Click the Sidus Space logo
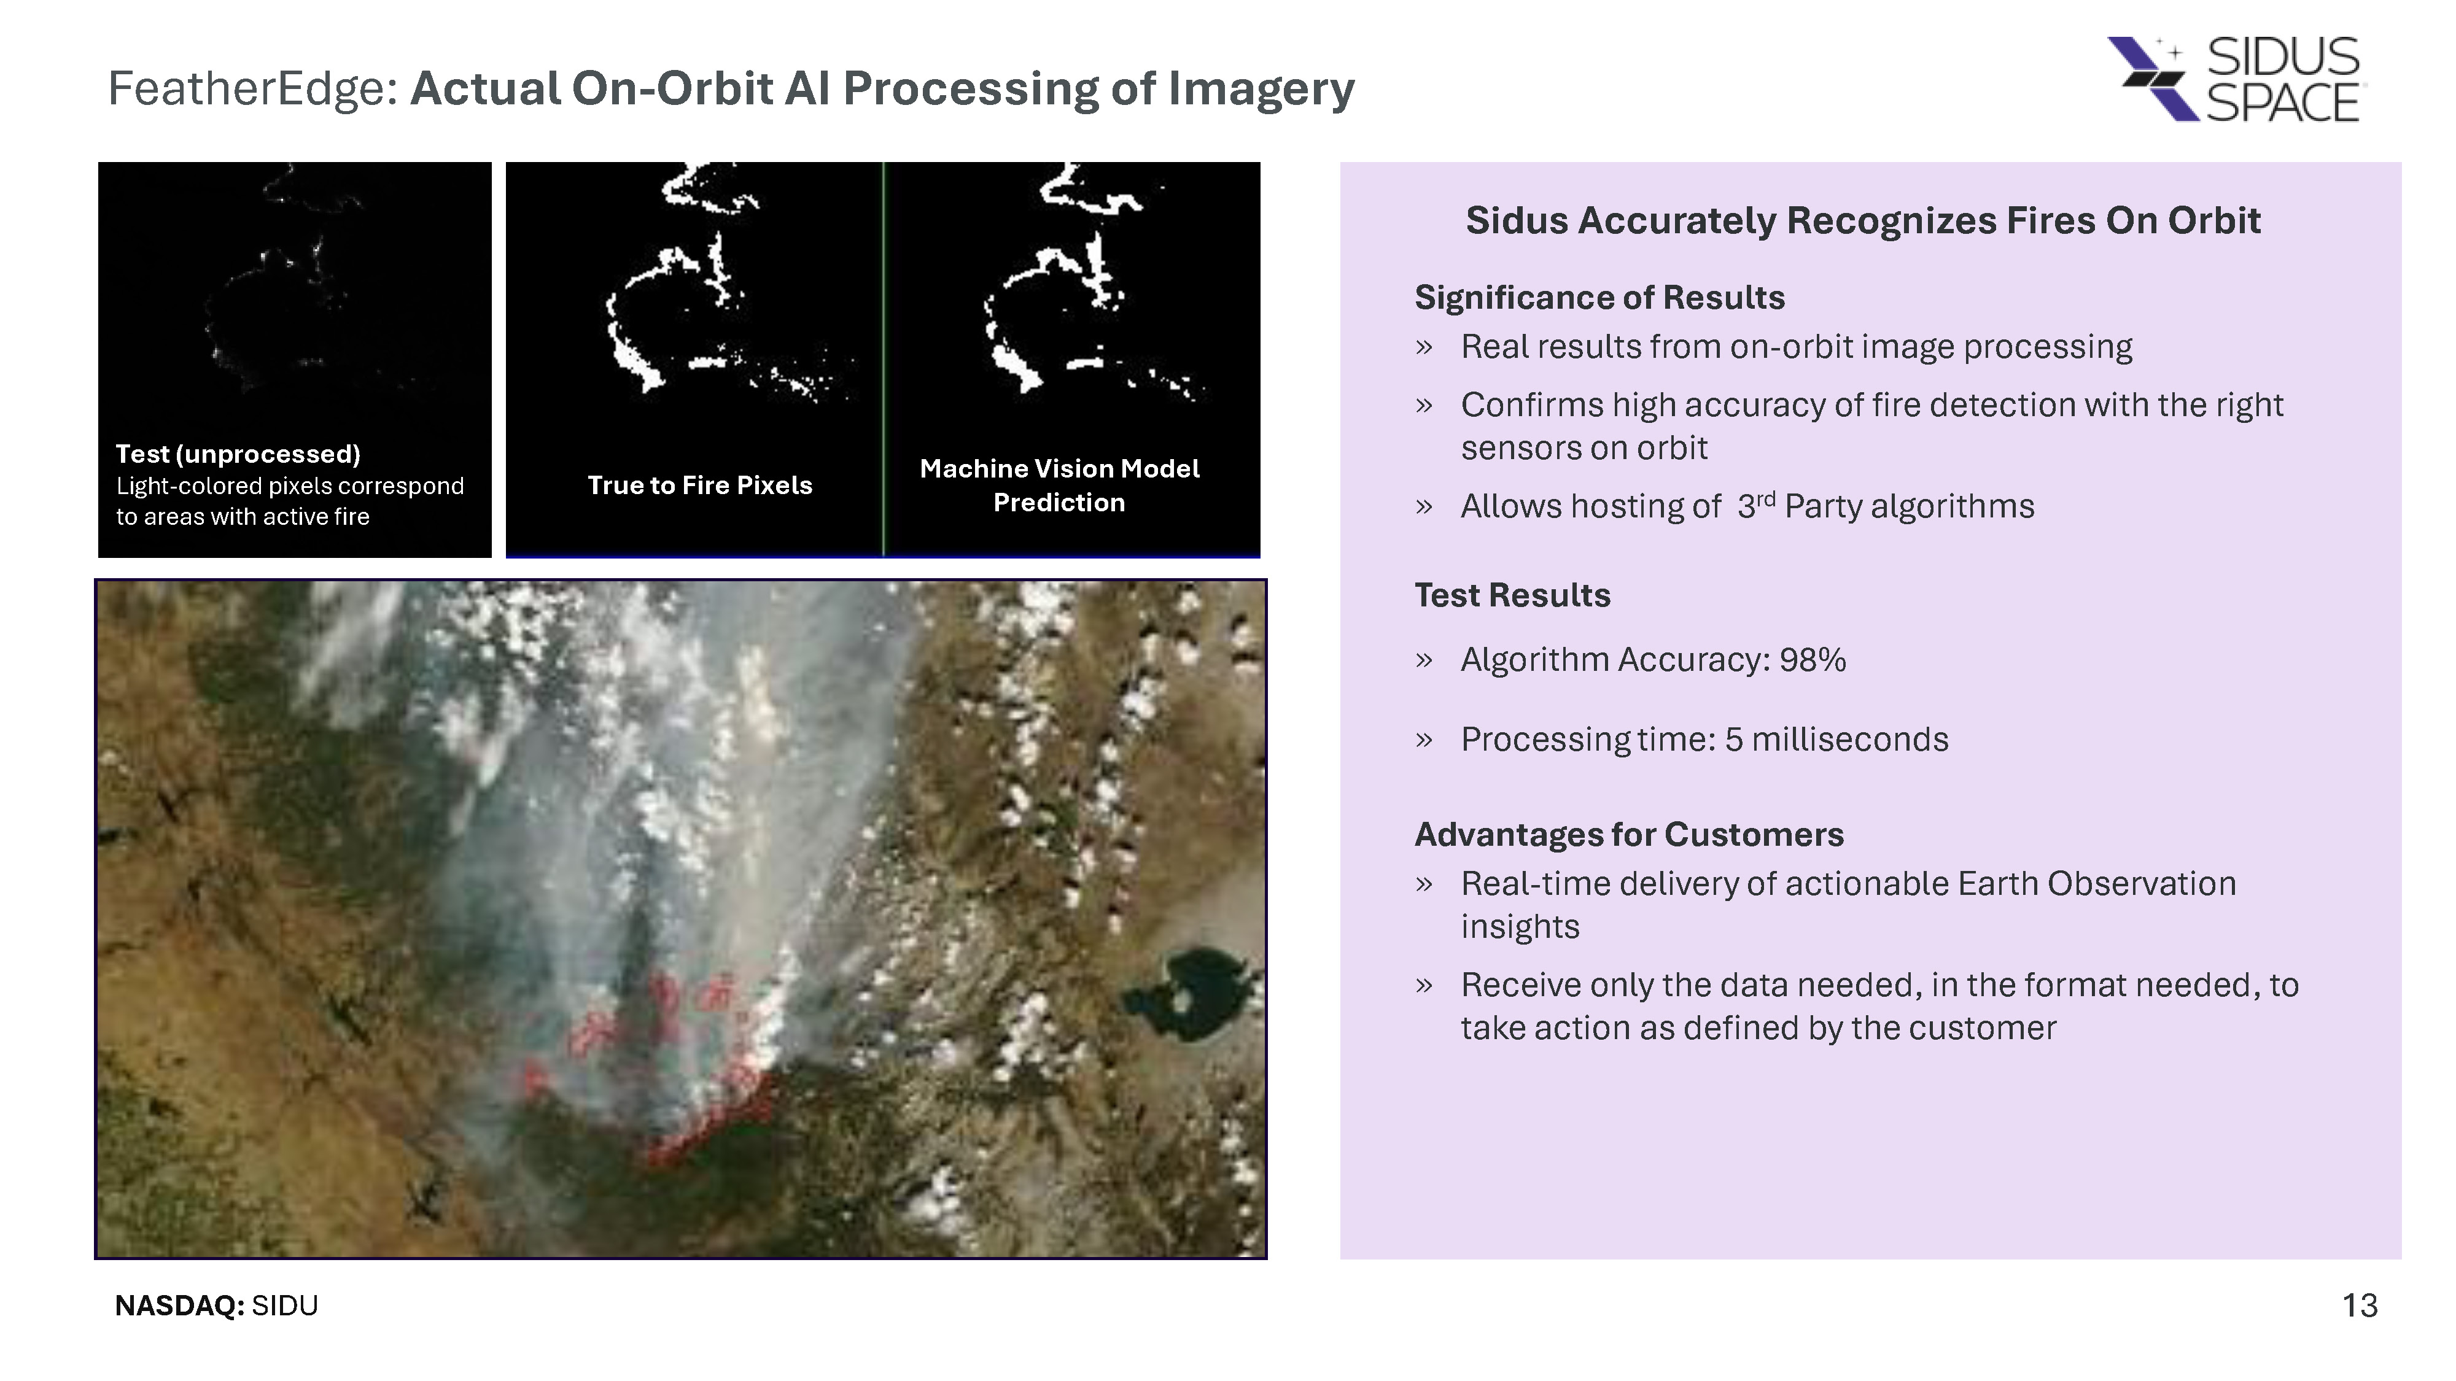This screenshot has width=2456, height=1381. pos(2233,79)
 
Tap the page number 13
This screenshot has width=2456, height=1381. pos(2360,1305)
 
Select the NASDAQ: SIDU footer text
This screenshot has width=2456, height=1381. pos(216,1305)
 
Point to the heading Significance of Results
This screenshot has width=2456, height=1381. pos(1599,297)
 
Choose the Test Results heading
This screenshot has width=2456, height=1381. pos(1512,595)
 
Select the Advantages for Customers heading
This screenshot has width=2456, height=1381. pos(1628,834)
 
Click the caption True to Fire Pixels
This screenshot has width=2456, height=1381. pos(700,485)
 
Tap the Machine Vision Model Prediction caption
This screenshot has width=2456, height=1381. pos(1059,485)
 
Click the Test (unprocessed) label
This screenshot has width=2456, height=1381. pos(238,454)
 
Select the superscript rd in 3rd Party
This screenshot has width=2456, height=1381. pos(1766,498)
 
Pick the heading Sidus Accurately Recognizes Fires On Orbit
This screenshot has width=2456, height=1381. pos(1862,220)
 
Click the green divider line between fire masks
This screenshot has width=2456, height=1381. pos(883,358)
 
